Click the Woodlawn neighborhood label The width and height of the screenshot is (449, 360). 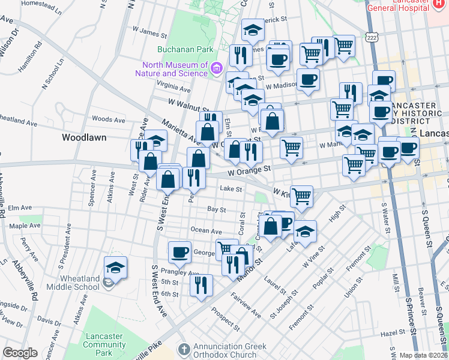pos(84,137)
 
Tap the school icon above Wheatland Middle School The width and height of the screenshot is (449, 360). pos(115,267)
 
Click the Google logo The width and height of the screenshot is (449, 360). pos(20,352)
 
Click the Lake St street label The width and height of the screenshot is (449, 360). pos(231,188)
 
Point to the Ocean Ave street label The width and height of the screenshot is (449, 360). pos(206,230)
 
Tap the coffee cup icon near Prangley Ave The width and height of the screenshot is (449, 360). pos(179,253)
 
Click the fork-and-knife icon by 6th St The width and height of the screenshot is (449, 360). pos(202,285)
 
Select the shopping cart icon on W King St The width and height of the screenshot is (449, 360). pos(301,196)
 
